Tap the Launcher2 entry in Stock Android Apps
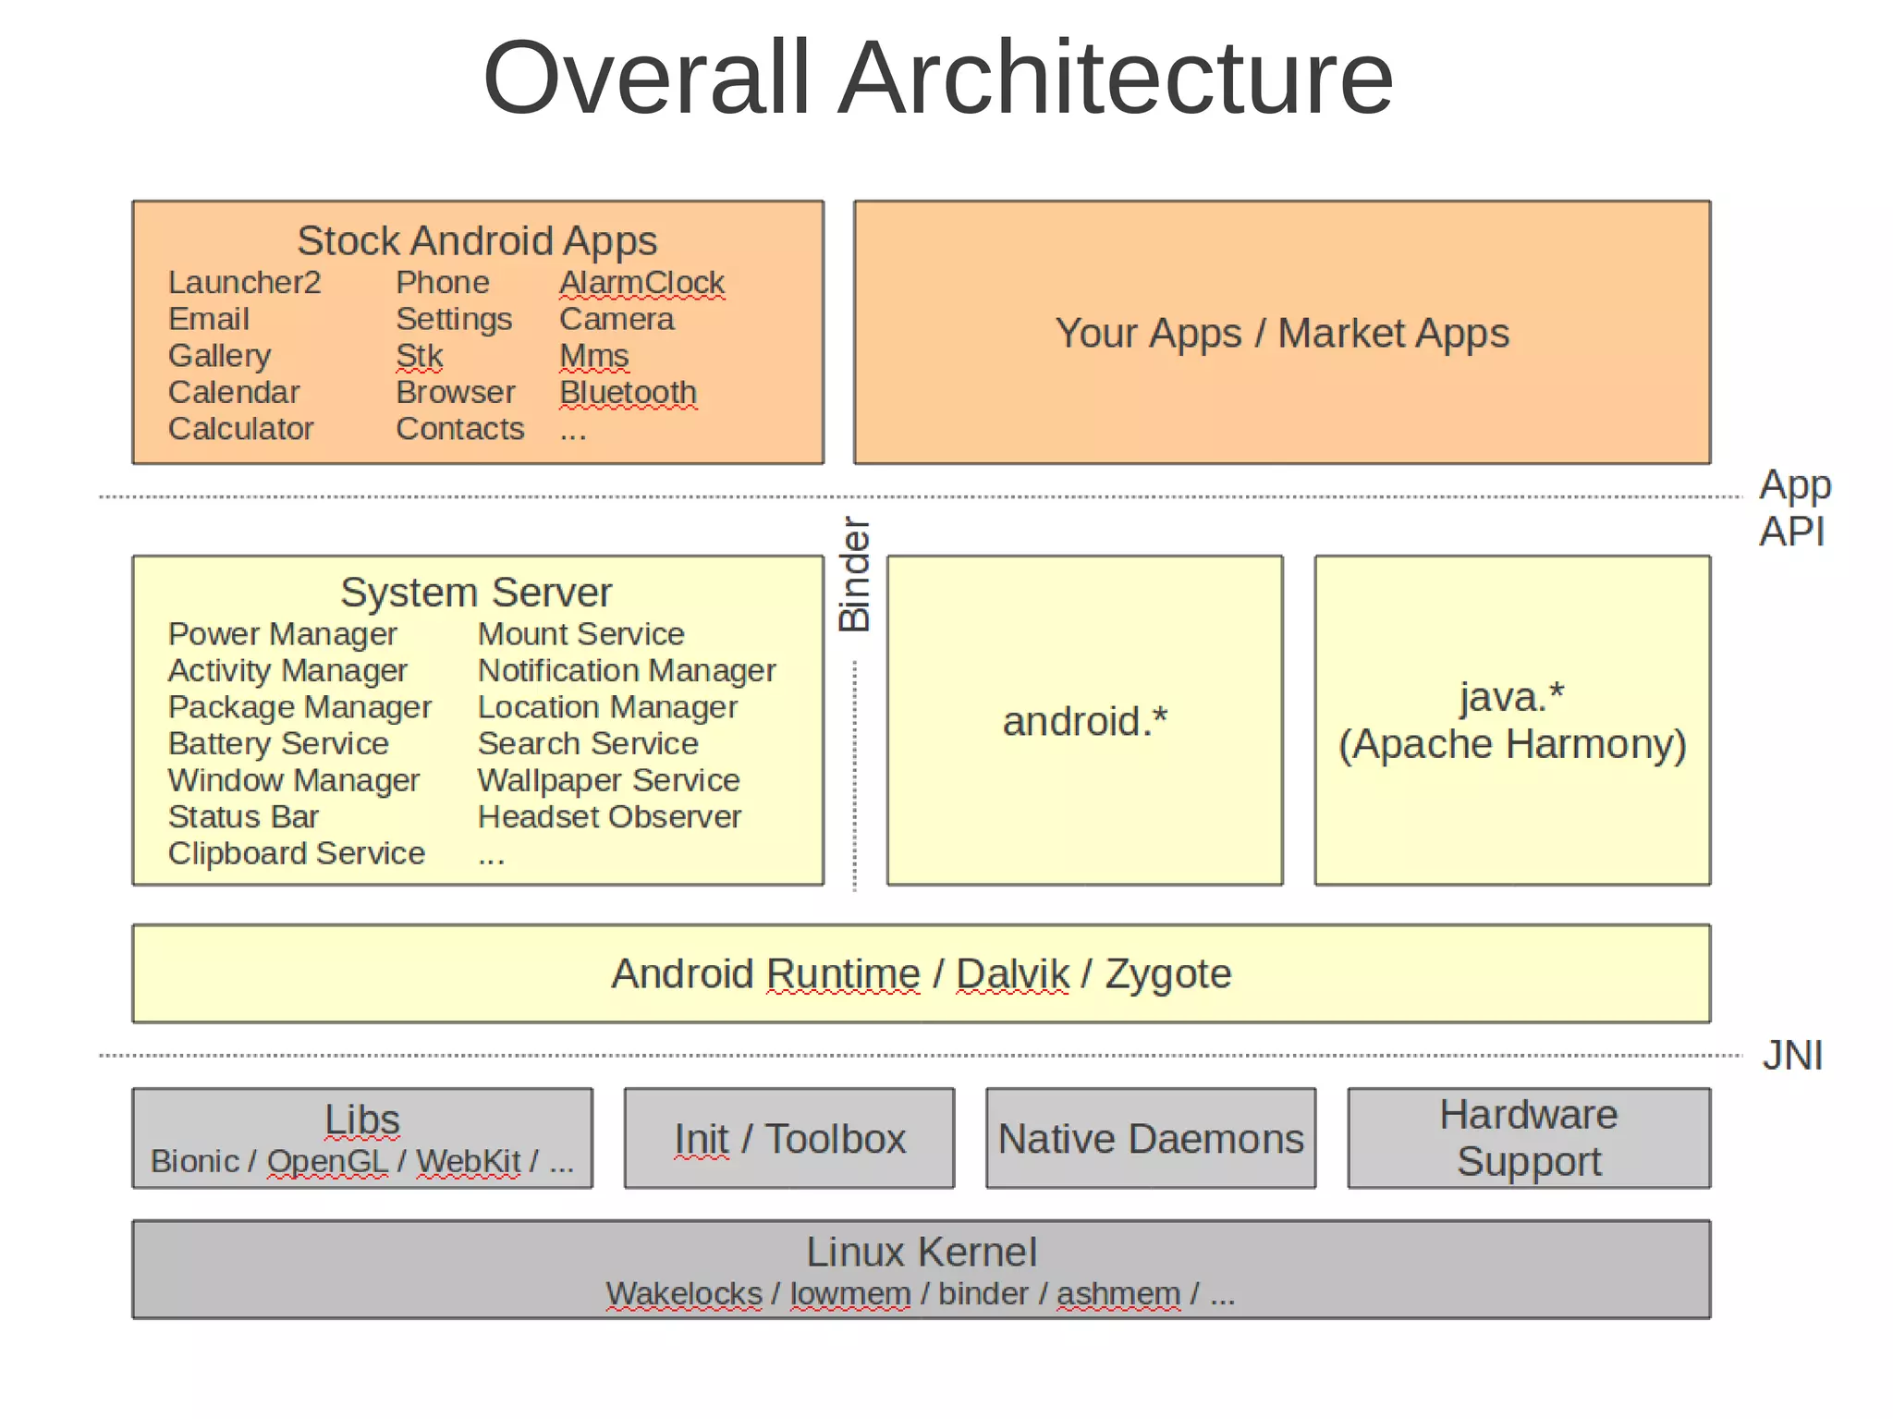click(244, 282)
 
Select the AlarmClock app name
click(641, 282)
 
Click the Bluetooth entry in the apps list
click(628, 392)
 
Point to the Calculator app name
click(240, 429)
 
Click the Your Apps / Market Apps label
click(1281, 333)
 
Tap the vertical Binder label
click(854, 574)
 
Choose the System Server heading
click(476, 592)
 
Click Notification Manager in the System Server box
click(626, 670)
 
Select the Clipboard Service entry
click(296, 852)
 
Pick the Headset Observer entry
click(608, 816)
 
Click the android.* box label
click(1084, 721)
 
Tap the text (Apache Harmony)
click(1512, 744)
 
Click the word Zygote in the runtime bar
click(1167, 973)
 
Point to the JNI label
click(1791, 1055)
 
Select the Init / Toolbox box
click(789, 1138)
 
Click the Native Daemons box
click(1150, 1138)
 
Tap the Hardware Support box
click(1528, 1138)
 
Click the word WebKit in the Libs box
click(468, 1161)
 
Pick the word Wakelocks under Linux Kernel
click(683, 1293)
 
